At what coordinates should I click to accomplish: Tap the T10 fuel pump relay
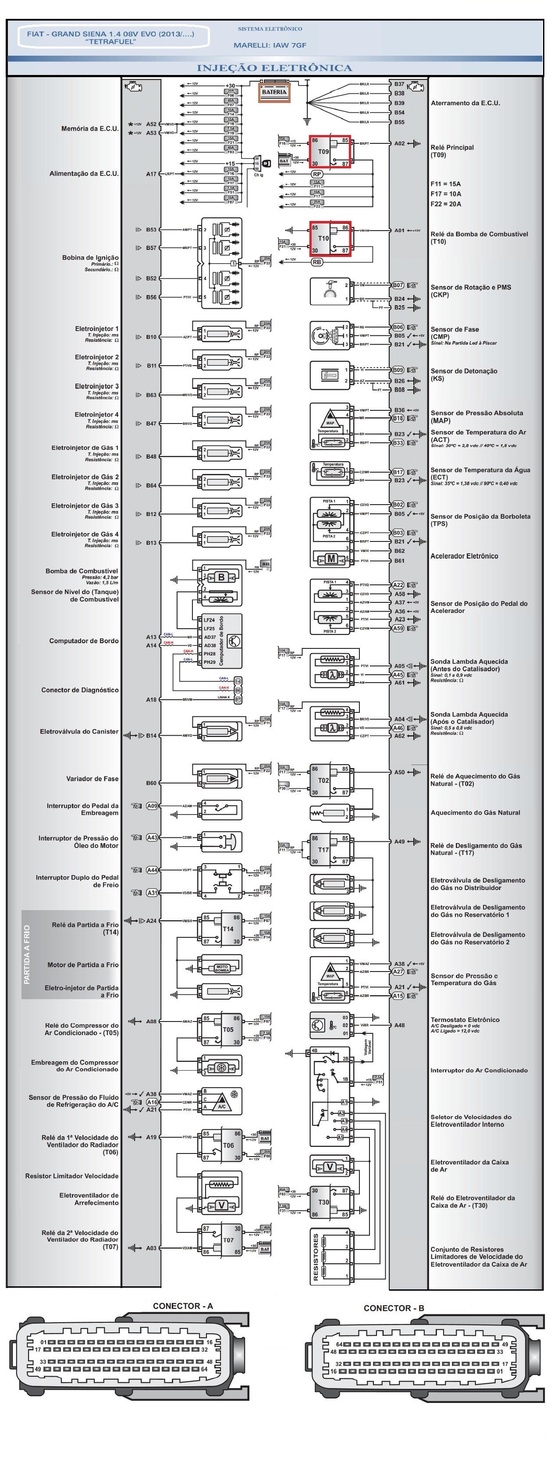pyautogui.click(x=329, y=238)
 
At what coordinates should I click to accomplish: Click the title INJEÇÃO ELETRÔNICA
pyautogui.click(x=274, y=68)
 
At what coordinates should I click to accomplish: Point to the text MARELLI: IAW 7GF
pyautogui.click(x=270, y=45)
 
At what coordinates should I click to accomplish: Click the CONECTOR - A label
pyautogui.click(x=183, y=1306)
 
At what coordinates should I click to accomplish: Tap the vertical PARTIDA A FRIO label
pyautogui.click(x=27, y=954)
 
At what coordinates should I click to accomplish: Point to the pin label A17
pyautogui.click(x=151, y=174)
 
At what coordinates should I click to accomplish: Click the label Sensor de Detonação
pyautogui.click(x=464, y=371)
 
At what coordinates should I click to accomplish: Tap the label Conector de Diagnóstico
pyautogui.click(x=80, y=690)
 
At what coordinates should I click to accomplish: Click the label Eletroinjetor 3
pyautogui.click(x=96, y=386)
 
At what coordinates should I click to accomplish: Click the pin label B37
pyautogui.click(x=400, y=84)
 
